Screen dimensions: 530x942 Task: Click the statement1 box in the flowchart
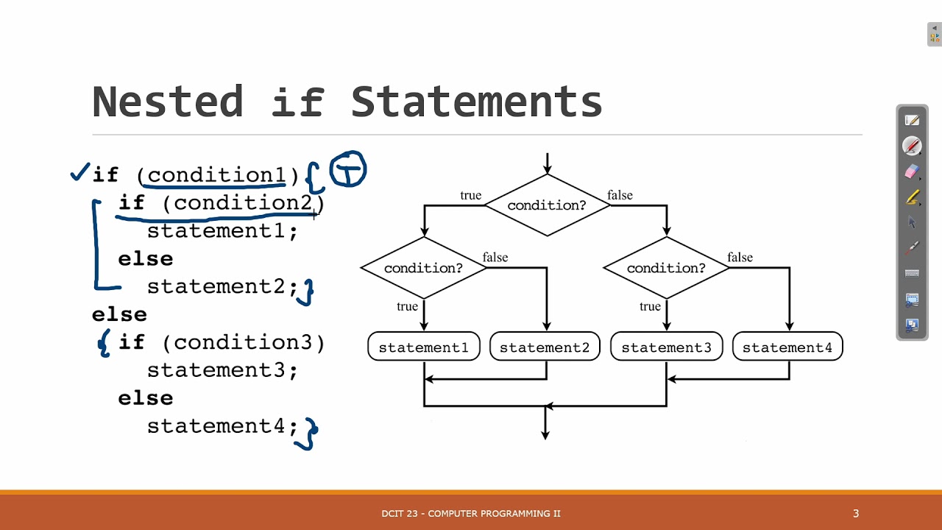coord(423,347)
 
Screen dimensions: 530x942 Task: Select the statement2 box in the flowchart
coord(545,347)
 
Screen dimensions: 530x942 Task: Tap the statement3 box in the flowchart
coord(666,347)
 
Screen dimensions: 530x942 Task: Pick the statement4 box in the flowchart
coord(787,347)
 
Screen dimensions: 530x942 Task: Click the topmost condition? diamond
coord(547,205)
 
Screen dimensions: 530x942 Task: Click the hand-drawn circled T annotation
coord(347,171)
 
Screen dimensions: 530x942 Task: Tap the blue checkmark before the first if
coord(79,173)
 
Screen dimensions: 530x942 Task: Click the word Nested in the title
coord(168,102)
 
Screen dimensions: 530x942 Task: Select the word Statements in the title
coord(476,102)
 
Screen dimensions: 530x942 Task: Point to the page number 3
coord(856,513)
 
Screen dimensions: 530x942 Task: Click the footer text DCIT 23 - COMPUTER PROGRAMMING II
coord(471,513)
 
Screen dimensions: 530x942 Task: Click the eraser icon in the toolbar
coord(913,172)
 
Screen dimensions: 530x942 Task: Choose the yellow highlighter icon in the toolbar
coord(913,197)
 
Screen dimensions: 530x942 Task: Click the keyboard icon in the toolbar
coord(913,273)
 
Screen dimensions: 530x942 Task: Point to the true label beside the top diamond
coord(471,195)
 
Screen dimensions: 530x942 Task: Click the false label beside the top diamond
coord(620,195)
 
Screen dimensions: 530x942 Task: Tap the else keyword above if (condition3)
coord(119,315)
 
